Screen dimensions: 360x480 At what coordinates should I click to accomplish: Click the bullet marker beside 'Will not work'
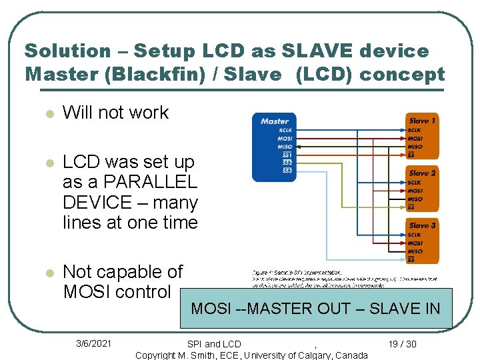pos(48,114)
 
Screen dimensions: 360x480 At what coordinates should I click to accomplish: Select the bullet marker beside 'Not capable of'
pos(48,273)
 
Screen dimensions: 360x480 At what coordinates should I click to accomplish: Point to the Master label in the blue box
pos(274,121)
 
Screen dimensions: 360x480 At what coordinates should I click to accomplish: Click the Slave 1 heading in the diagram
pos(422,121)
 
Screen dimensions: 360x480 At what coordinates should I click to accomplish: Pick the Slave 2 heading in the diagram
pos(422,173)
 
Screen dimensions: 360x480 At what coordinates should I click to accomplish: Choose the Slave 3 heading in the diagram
pos(422,225)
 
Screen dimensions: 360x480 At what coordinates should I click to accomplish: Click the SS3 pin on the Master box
pos(287,171)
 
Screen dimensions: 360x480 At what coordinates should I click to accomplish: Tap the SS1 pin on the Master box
pos(287,155)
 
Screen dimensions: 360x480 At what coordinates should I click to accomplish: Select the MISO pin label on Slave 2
pos(415,199)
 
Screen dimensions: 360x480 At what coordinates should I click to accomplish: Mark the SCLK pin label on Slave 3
pos(415,235)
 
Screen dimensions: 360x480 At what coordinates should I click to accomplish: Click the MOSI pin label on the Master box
pos(285,139)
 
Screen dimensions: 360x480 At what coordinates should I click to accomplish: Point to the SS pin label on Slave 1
pos(411,155)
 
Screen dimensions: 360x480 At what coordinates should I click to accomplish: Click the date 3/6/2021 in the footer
pos(93,343)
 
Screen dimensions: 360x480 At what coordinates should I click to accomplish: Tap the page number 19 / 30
pos(402,344)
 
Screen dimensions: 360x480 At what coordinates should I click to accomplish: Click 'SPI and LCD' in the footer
pos(214,344)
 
